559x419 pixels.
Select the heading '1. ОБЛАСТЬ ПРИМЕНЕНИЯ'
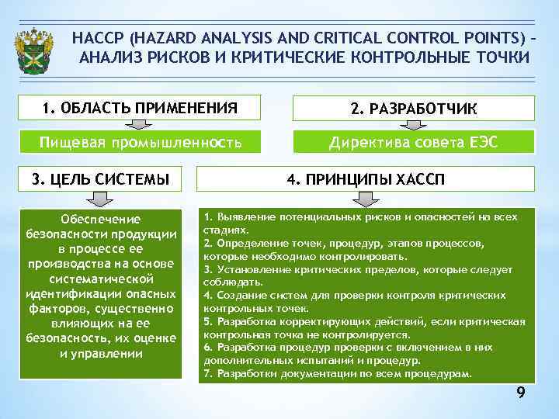(x=139, y=107)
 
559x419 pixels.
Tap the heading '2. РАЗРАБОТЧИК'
(x=414, y=109)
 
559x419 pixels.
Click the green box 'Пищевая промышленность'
(x=140, y=141)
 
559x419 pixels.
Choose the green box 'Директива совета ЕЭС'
(x=414, y=141)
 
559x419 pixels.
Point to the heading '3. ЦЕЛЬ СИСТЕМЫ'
(x=100, y=178)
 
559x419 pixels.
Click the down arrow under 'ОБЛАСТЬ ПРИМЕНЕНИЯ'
(x=140, y=123)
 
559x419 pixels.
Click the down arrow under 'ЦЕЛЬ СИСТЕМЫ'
(x=99, y=199)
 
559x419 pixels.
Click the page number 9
(x=521, y=395)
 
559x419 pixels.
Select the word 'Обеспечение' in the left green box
(x=101, y=219)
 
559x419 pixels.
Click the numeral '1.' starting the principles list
(x=208, y=216)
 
